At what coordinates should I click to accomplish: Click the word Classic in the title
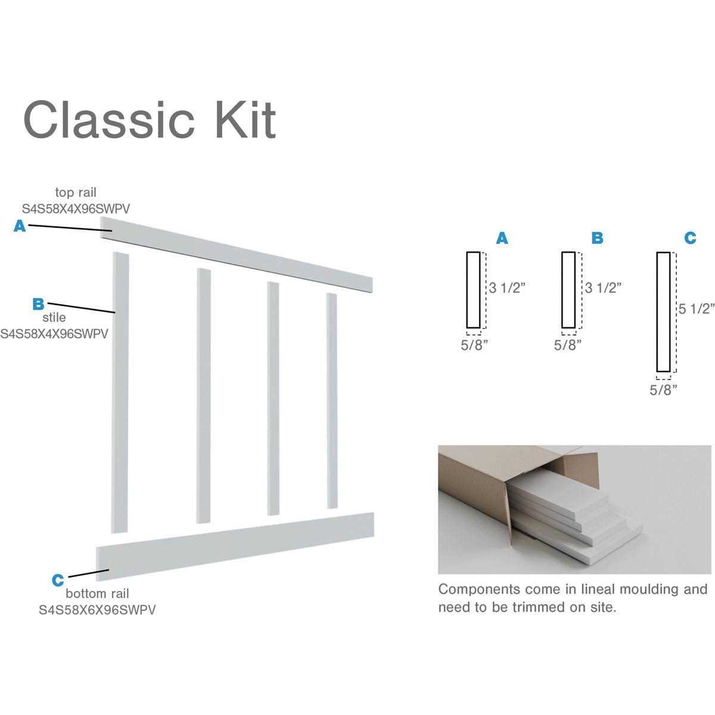tap(108, 120)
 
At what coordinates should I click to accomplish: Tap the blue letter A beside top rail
tap(20, 226)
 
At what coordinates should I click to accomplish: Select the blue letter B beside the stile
tap(38, 304)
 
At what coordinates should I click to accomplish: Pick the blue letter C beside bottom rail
tap(57, 580)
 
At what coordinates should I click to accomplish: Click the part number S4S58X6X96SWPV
tap(97, 610)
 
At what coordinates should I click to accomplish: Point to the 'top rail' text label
tap(76, 192)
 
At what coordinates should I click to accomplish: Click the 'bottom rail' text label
tap(97, 593)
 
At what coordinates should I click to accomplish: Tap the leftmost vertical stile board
tap(120, 393)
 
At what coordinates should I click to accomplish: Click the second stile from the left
tap(204, 396)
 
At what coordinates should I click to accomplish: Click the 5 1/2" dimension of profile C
tap(696, 309)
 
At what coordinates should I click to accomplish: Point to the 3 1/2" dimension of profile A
tap(507, 288)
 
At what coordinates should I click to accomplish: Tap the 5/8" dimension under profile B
tap(568, 345)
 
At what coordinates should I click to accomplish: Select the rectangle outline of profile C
tap(663, 312)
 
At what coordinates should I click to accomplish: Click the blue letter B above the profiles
tap(597, 238)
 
